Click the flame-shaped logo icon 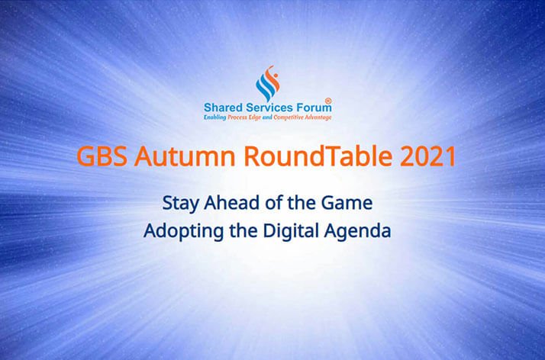268,83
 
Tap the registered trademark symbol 327,101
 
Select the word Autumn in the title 185,156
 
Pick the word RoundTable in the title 318,156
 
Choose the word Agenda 357,232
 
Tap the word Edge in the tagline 255,117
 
